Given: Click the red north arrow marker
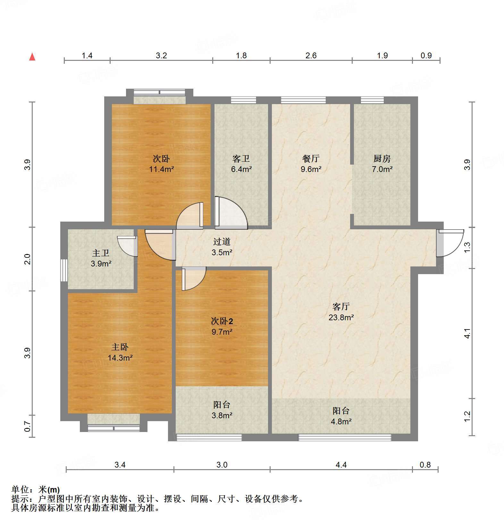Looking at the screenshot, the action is click(x=32, y=57).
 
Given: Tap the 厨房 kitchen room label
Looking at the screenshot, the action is click(x=382, y=159).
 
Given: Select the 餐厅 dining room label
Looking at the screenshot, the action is click(x=311, y=159).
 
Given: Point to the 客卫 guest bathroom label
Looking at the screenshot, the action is click(x=241, y=159).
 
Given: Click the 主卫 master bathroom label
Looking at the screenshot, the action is click(x=101, y=253).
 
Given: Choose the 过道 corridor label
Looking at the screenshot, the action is click(x=222, y=242).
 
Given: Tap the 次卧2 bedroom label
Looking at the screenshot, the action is click(x=222, y=321).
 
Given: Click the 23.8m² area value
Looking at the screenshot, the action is click(x=341, y=317).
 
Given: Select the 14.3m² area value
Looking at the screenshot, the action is click(x=120, y=358).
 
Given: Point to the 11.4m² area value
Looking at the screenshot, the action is click(x=161, y=169).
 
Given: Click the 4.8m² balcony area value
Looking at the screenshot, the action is click(x=341, y=421).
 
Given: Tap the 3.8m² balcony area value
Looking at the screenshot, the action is click(x=222, y=415).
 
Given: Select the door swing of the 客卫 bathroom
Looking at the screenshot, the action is click(x=231, y=213).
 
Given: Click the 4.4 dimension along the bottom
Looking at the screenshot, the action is click(x=341, y=465).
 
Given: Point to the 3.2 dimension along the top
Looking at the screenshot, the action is click(x=161, y=55).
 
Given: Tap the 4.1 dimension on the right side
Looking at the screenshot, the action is click(x=467, y=334).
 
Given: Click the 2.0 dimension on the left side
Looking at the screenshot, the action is click(x=28, y=259).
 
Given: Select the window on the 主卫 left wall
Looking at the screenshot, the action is click(x=64, y=270).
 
